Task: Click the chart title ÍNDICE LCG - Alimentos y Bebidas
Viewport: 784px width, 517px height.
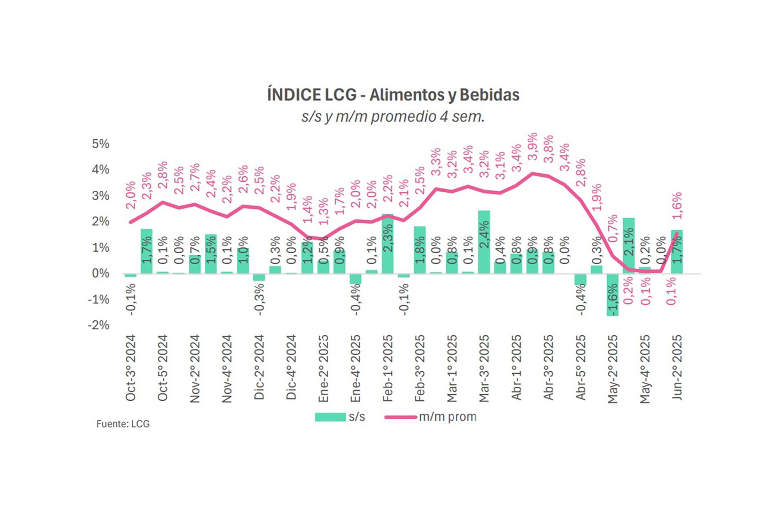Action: click(x=393, y=95)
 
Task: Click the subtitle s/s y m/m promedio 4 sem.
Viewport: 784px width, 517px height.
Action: click(x=393, y=117)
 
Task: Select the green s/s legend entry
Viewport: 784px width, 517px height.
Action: click(x=340, y=417)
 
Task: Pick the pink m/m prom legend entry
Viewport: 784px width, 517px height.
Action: click(x=430, y=417)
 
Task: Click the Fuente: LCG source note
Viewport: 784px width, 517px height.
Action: click(x=123, y=424)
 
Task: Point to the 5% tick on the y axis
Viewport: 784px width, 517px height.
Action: click(x=100, y=144)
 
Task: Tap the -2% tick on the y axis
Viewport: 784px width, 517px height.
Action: click(x=99, y=325)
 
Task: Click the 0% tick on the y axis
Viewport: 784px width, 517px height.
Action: click(x=100, y=274)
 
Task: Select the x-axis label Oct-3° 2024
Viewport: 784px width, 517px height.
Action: click(x=131, y=368)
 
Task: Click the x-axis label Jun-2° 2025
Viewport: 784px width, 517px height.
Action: click(x=677, y=367)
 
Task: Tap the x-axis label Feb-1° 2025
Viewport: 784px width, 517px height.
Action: click(x=388, y=368)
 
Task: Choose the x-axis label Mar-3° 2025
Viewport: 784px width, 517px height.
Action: click(x=484, y=368)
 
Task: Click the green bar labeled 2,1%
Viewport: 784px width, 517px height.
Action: click(x=628, y=245)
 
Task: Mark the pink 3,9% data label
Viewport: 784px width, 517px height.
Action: click(x=532, y=147)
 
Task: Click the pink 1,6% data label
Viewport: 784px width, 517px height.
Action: click(x=677, y=205)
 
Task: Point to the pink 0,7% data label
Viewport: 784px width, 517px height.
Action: click(x=612, y=229)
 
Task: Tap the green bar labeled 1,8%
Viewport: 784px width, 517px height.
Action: click(x=420, y=250)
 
